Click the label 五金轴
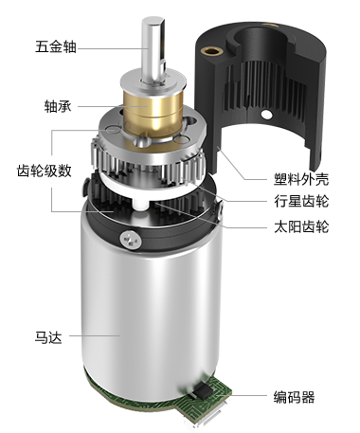point(56,46)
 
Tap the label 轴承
point(58,106)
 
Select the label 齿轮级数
point(45,171)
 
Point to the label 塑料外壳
point(301,179)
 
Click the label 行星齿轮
point(301,201)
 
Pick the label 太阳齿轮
point(301,226)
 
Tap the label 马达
point(48,337)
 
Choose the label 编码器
point(295,397)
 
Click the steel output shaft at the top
point(153,50)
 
